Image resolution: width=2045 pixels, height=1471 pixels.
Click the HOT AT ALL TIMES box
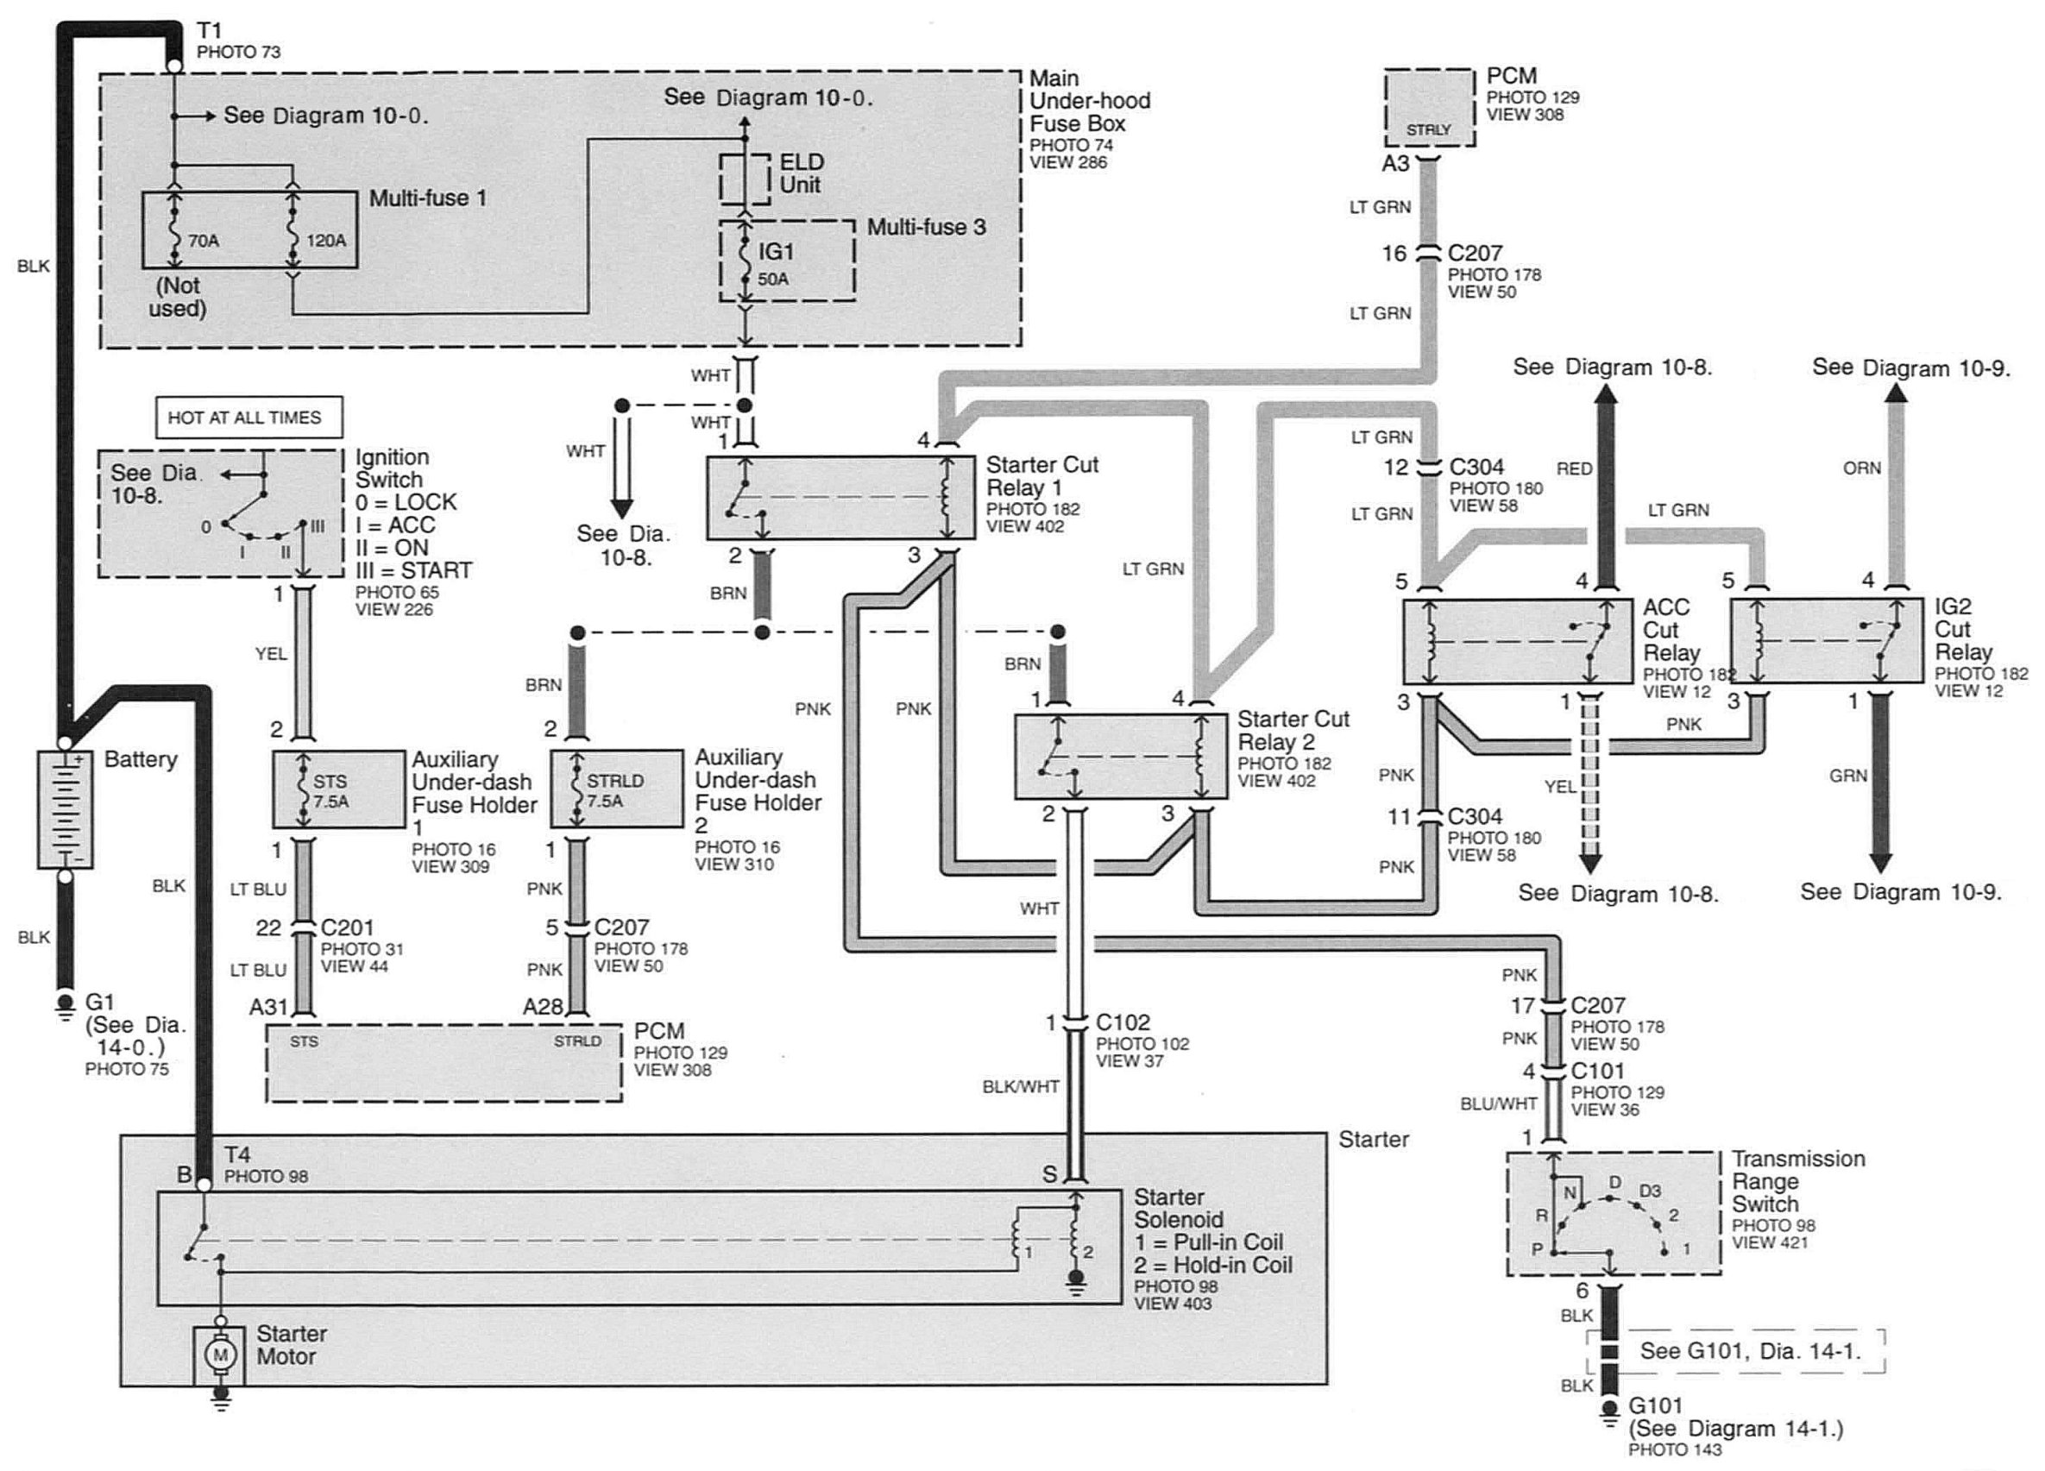249,418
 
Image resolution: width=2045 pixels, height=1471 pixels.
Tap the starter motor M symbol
219,1354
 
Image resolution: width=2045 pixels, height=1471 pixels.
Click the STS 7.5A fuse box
339,789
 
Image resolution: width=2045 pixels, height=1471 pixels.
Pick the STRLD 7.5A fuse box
617,789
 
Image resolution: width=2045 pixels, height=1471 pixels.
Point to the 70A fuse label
204,241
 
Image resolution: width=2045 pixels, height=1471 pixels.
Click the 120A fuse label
326,241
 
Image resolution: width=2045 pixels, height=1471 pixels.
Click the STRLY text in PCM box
1428,129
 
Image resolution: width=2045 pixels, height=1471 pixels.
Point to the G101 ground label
1656,1405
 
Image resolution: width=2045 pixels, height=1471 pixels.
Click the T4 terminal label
237,1154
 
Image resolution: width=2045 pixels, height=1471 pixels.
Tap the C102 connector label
1123,1022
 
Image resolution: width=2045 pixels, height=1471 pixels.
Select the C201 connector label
347,927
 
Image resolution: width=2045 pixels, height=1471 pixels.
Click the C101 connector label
1598,1071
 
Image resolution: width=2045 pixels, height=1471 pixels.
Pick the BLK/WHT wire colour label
1021,1087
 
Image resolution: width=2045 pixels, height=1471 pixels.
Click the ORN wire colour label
1862,468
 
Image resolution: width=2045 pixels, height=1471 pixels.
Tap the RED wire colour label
1575,468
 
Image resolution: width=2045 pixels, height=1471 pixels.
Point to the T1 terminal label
209,31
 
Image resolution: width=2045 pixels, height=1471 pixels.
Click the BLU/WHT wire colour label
1499,1103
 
